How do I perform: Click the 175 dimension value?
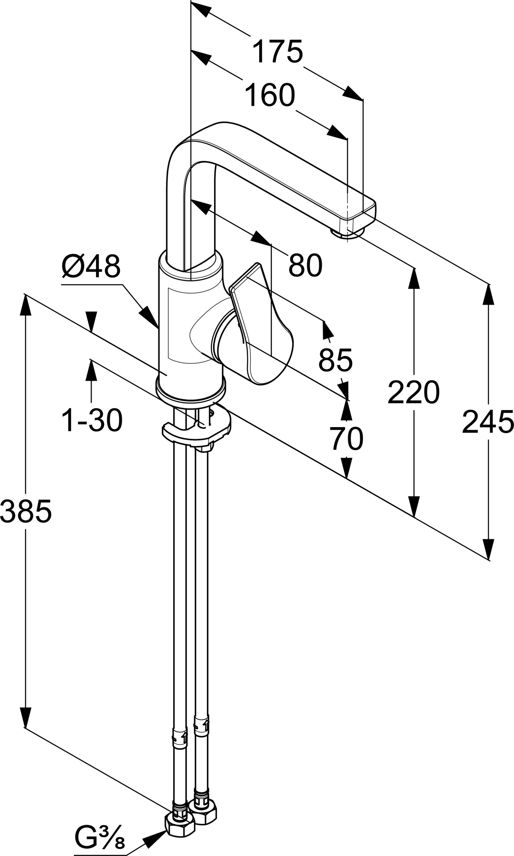click(x=277, y=51)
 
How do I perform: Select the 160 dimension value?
click(x=270, y=95)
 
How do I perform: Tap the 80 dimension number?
click(x=305, y=265)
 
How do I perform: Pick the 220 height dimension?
click(x=413, y=392)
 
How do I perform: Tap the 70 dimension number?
click(x=347, y=439)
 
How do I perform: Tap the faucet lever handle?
click(x=261, y=325)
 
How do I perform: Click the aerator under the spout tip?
click(x=347, y=233)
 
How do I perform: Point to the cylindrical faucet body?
click(x=191, y=325)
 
